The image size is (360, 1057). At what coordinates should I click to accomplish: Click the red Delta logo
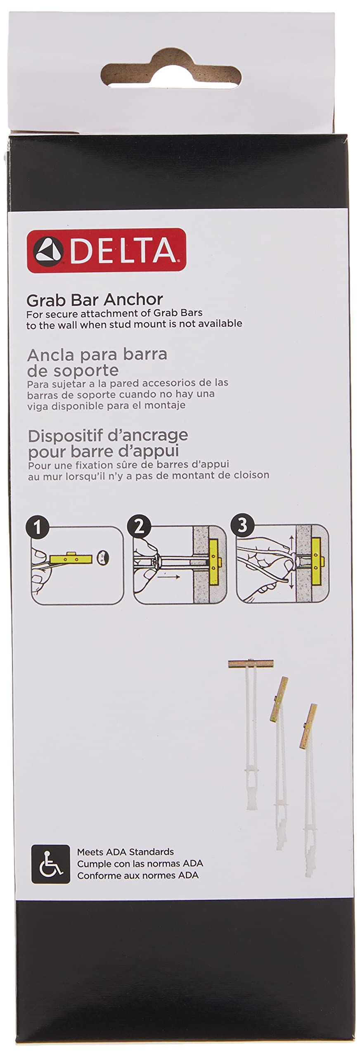107,250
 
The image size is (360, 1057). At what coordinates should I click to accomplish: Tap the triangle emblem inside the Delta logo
48,251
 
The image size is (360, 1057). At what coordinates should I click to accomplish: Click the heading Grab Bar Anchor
95,299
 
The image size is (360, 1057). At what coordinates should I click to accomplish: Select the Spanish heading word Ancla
51,354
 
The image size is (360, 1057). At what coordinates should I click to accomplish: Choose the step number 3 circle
242,524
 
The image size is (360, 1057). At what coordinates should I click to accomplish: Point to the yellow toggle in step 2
214,559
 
